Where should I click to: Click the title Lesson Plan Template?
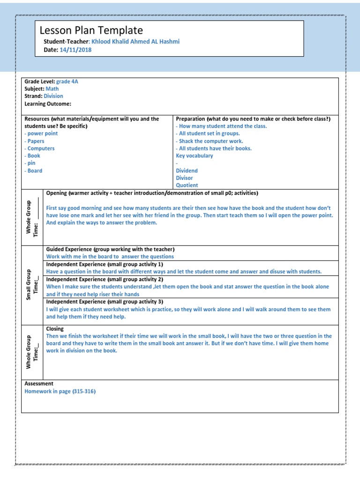click(91, 31)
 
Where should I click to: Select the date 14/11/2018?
click(76, 50)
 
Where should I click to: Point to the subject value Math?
click(52, 89)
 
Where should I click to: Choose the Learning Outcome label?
click(48, 104)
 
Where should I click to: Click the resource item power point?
click(42, 134)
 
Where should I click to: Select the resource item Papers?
click(36, 141)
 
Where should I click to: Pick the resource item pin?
click(32, 163)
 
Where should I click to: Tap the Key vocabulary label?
click(194, 156)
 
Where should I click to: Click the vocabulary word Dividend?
click(187, 171)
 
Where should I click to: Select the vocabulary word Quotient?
click(187, 186)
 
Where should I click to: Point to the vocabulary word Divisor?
click(184, 178)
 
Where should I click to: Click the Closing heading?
click(55, 329)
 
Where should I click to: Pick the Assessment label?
click(39, 383)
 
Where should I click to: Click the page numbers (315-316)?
click(84, 391)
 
